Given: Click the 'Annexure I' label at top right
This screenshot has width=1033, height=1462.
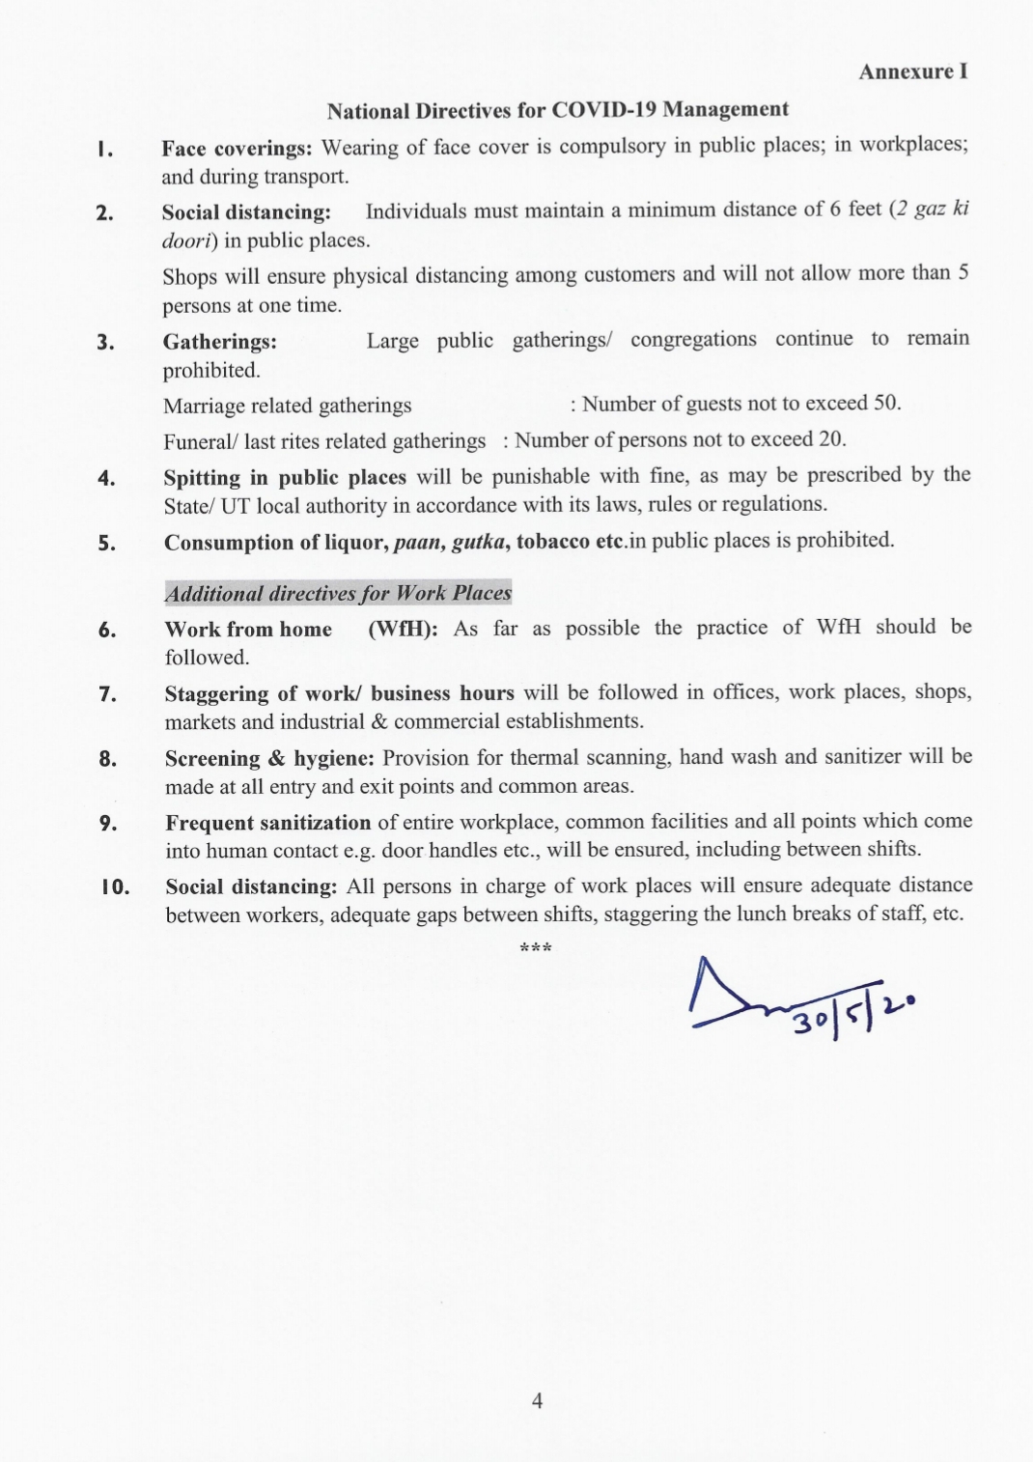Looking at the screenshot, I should pos(912,71).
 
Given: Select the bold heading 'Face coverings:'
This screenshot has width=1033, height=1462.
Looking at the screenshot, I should pos(237,149).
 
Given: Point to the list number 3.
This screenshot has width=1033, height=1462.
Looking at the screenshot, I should pos(105,343).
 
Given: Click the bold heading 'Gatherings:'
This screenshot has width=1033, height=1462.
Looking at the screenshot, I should pos(219,342).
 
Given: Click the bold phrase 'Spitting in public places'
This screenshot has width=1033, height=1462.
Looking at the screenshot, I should pos(285,478).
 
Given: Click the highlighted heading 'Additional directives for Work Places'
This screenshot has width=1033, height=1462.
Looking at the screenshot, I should pos(338,593).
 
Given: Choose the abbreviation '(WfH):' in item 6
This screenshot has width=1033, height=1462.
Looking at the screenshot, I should pos(403,629).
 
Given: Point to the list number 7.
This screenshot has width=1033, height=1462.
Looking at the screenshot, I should pos(107,694).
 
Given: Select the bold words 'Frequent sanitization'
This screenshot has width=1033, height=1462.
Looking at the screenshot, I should pos(267,823).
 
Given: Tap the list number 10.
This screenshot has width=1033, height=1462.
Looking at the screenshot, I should pos(115,887).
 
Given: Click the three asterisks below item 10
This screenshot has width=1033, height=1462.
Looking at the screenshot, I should pos(536,948).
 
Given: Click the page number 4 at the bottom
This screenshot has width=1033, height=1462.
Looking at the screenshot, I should pos(537,1400).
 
